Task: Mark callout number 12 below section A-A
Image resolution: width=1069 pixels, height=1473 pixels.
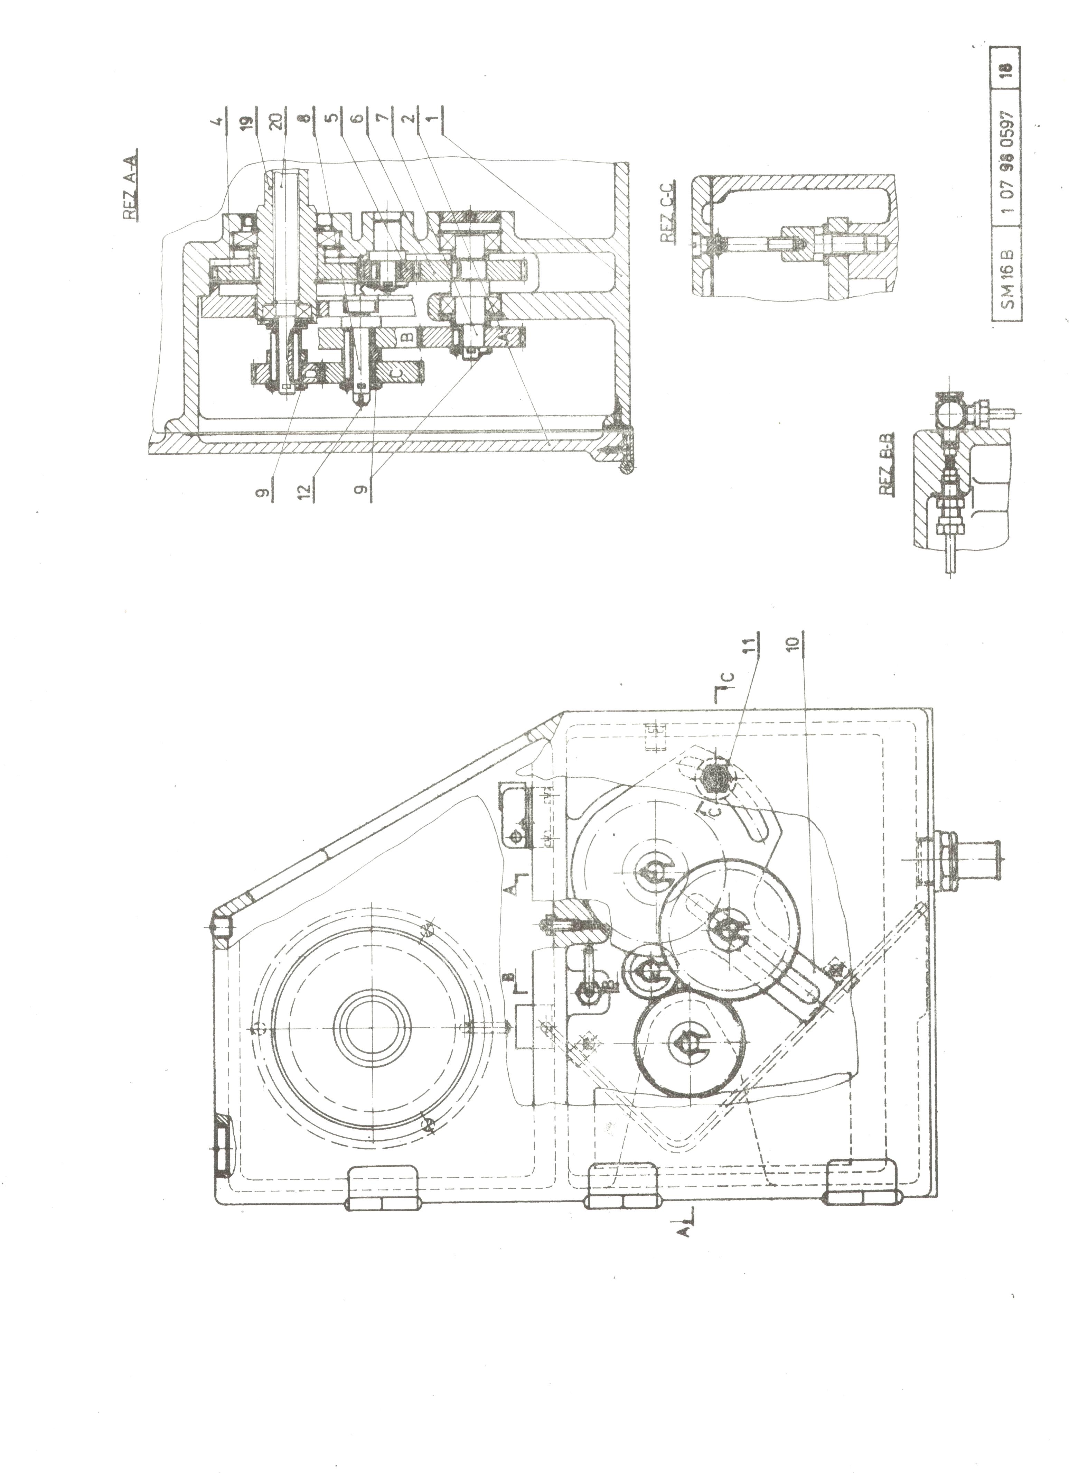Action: click(308, 486)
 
